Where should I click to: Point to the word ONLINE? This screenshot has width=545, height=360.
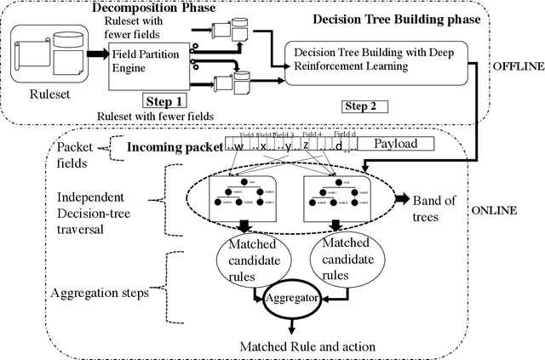click(x=516, y=211)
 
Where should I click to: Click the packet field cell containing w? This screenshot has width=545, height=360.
click(x=240, y=145)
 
